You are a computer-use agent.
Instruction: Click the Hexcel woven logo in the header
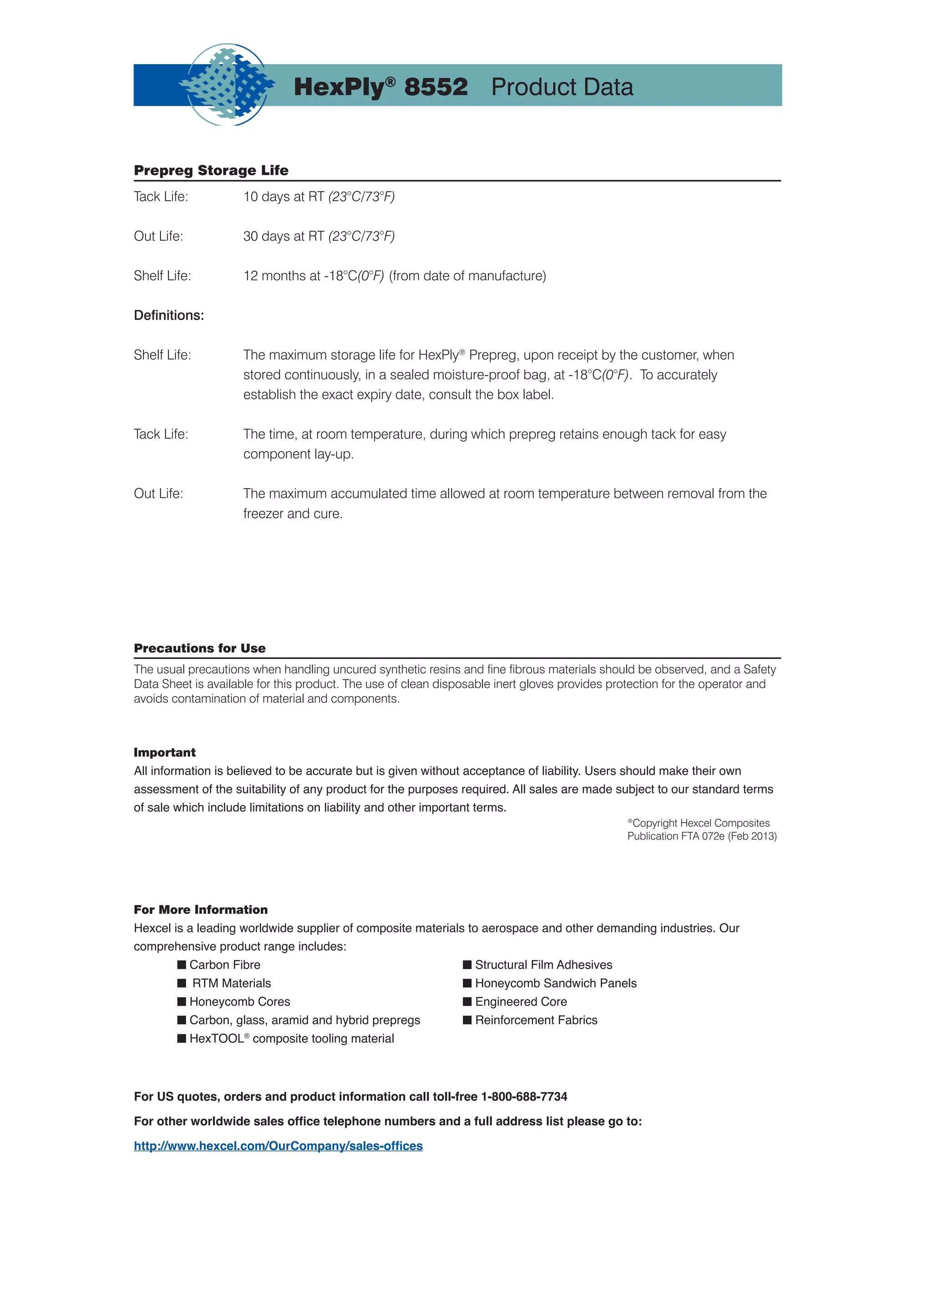tap(227, 85)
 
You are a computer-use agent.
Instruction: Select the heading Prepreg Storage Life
tap(211, 171)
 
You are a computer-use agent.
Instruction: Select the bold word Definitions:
tap(169, 316)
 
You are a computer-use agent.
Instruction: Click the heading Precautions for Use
tap(199, 648)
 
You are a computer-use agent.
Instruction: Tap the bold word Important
tap(164, 753)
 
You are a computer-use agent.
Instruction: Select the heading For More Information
tap(200, 910)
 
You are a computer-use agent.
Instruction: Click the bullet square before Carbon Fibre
tap(182, 965)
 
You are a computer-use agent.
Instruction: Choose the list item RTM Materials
tap(231, 983)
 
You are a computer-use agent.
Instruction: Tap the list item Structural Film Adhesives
tap(543, 965)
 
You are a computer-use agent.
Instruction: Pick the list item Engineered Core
tap(521, 1002)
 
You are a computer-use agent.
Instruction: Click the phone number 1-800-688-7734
tap(523, 1097)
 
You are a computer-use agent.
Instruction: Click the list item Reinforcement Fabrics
tap(536, 1020)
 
